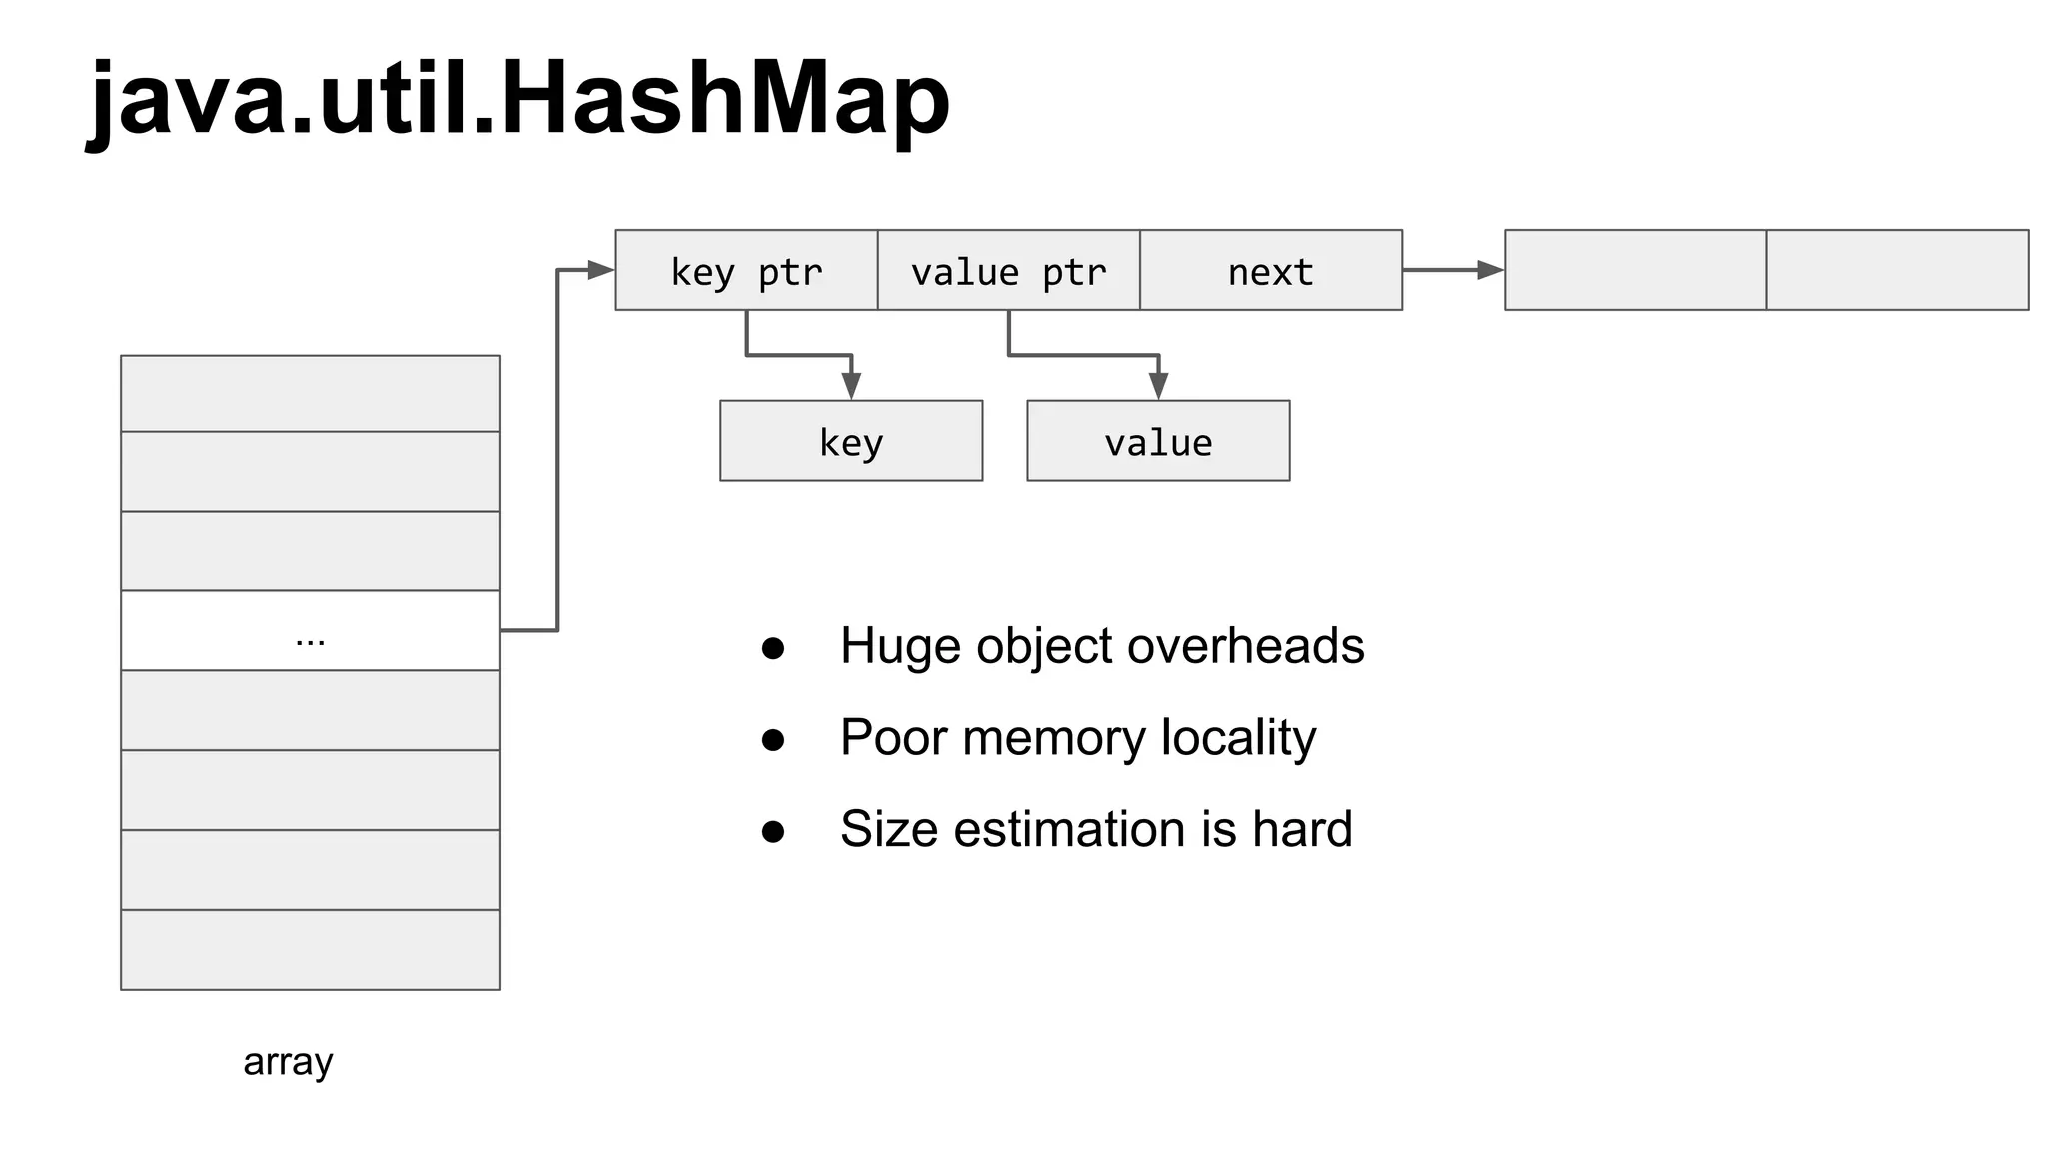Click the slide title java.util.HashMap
519,100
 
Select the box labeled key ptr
746,271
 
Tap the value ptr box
1008,271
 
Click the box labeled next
1270,271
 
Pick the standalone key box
851,441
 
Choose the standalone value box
1158,441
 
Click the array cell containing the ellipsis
310,631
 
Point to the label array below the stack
288,1061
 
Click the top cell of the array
310,394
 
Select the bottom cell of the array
310,950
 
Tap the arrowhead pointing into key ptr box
601,270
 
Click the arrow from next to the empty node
1454,270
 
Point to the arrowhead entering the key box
851,386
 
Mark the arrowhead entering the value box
1158,386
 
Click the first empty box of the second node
1634,270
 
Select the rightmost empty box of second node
1897,270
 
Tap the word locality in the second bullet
1238,738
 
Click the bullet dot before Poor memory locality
773,740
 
